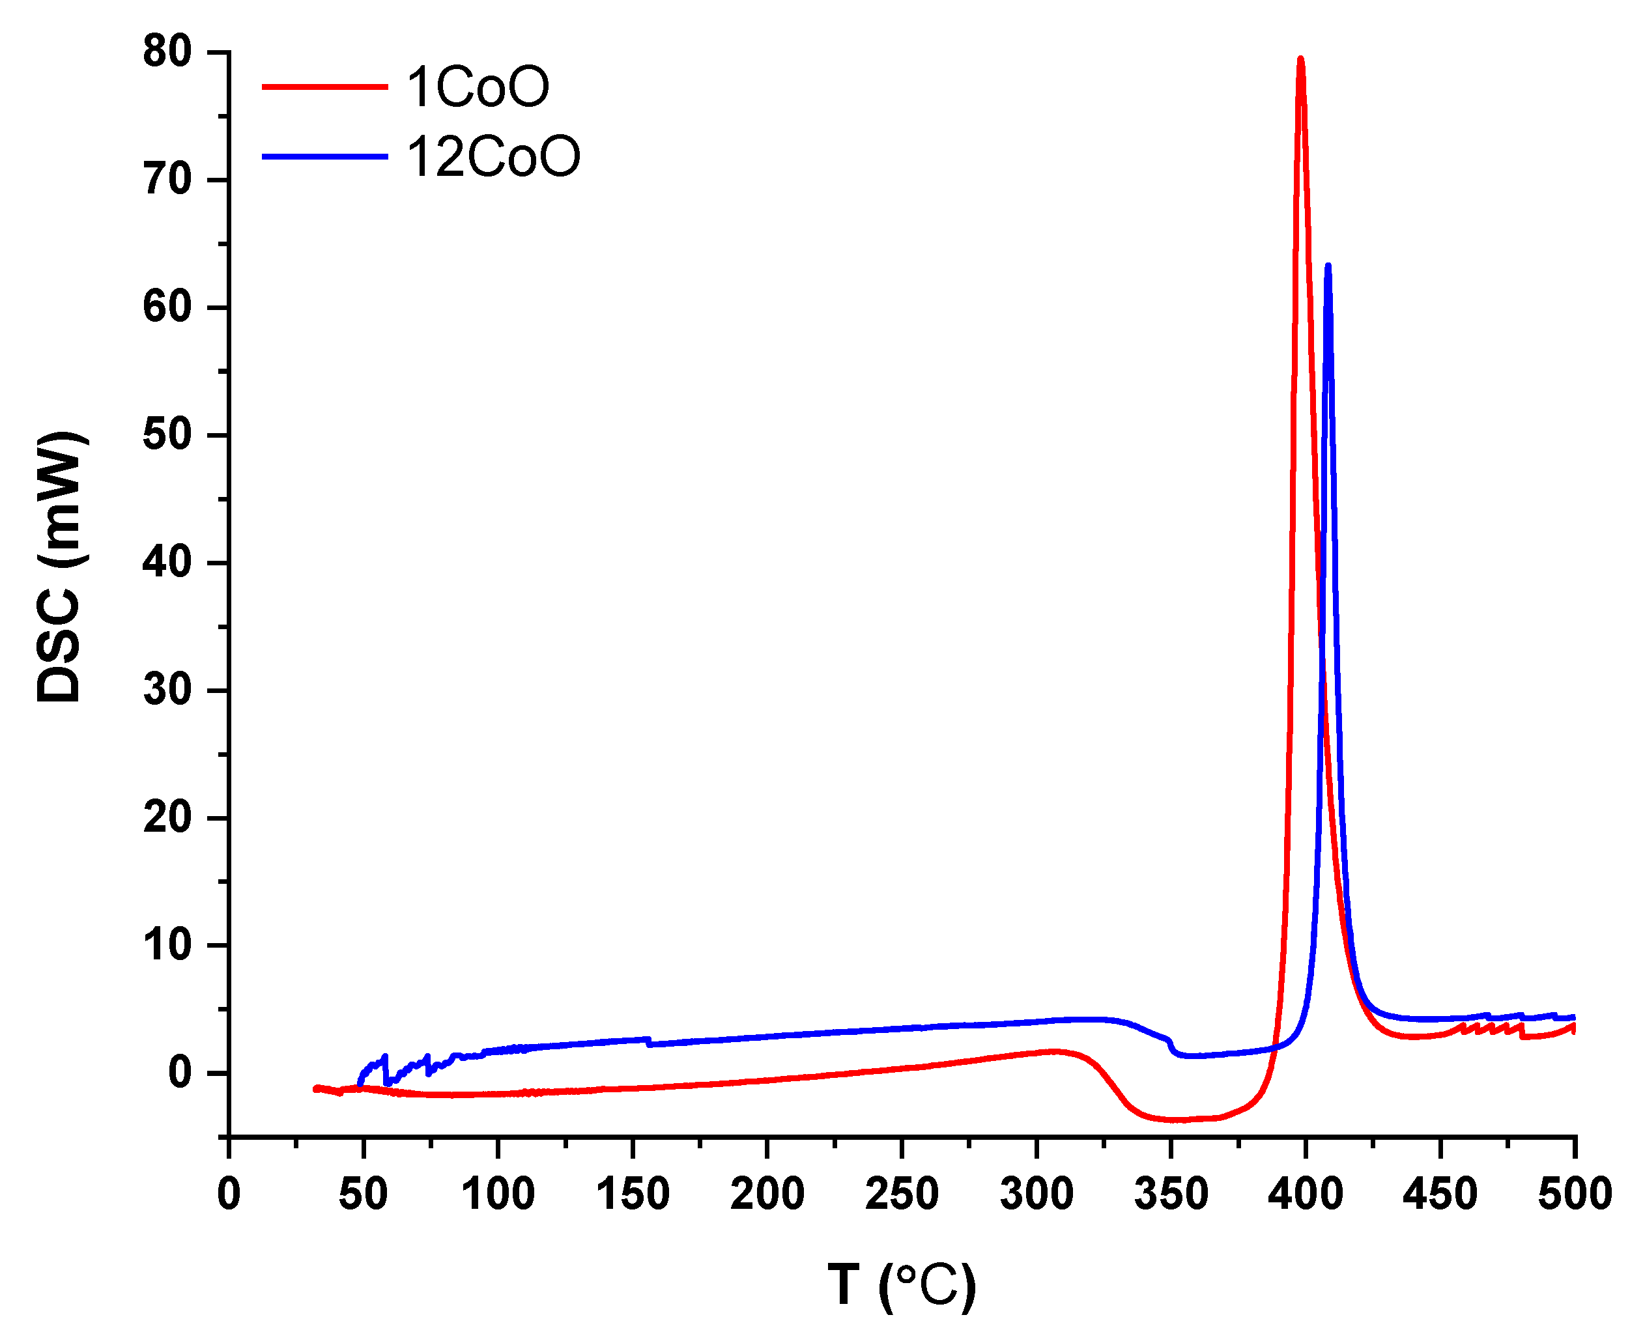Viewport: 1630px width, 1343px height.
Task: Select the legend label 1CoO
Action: click(478, 87)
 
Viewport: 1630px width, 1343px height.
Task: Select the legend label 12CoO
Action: click(493, 157)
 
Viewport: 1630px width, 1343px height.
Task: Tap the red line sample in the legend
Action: click(324, 87)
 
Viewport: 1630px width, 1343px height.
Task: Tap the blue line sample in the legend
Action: click(324, 157)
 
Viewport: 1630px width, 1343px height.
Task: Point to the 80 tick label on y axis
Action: click(167, 52)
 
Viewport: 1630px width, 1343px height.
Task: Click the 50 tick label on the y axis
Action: click(167, 435)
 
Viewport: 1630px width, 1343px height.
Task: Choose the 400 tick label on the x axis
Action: click(1305, 1194)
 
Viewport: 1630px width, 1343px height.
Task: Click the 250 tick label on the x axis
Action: click(901, 1194)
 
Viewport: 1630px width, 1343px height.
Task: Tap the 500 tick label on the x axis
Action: click(1575, 1194)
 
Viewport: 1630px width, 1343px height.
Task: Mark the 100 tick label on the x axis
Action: click(498, 1194)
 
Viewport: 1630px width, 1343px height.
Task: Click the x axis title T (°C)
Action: click(901, 1285)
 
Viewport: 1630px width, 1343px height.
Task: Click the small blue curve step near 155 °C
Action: click(648, 1042)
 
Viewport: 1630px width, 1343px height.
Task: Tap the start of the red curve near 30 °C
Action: click(315, 1088)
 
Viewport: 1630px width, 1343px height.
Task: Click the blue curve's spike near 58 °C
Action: click(384, 1057)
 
